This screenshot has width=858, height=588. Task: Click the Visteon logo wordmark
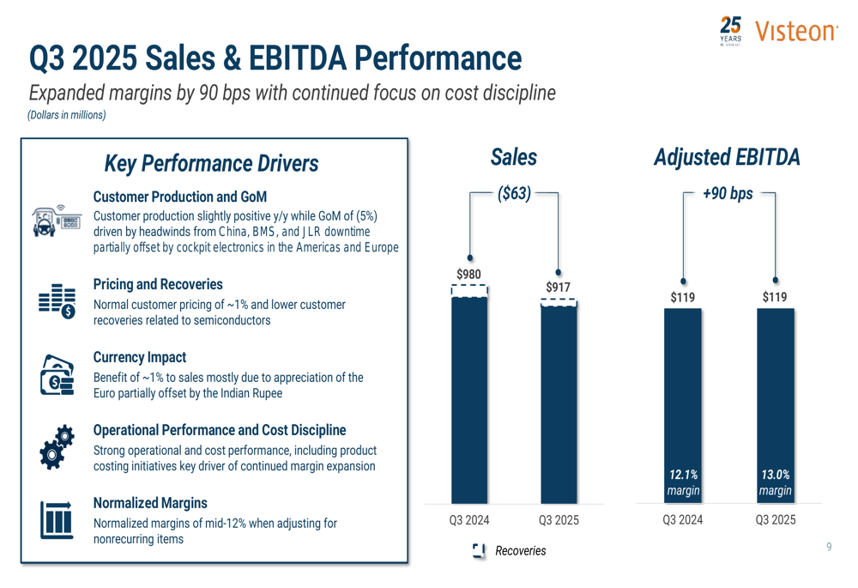tap(795, 32)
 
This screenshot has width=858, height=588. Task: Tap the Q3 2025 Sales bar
tap(559, 403)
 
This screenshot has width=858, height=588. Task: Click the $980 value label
tap(468, 275)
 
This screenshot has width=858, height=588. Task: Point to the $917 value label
tap(559, 287)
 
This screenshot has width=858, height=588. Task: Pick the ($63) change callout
tap(514, 194)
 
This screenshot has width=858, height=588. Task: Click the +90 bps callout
tap(728, 194)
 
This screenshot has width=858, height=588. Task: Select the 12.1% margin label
tap(684, 482)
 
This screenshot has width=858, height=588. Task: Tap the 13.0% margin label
tap(775, 482)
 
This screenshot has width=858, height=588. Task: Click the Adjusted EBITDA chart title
tap(727, 158)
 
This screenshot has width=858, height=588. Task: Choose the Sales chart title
tap(514, 158)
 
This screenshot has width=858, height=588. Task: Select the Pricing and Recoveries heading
tap(157, 284)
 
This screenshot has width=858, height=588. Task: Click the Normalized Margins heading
tap(151, 503)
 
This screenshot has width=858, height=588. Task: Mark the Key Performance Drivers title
tap(211, 163)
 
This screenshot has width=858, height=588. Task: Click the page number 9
tap(829, 547)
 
